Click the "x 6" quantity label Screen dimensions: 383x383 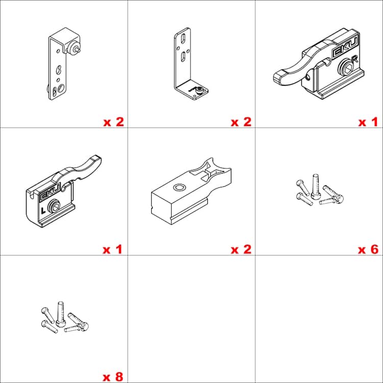pyautogui.click(x=368, y=249)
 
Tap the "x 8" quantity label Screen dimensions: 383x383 pyautogui.click(x=113, y=377)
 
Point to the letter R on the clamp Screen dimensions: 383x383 pyautogui.click(x=354, y=59)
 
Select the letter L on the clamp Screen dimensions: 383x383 pyautogui.click(x=43, y=210)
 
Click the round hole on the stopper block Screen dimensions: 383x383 pyautogui.click(x=180, y=187)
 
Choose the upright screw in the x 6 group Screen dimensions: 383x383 pyautogui.click(x=315, y=186)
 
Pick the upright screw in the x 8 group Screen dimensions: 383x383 pyautogui.click(x=60, y=314)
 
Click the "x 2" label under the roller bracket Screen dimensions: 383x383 pyautogui.click(x=114, y=122)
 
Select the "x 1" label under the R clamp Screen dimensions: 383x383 pyautogui.click(x=368, y=122)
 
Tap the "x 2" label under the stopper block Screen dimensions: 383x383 pyautogui.click(x=241, y=249)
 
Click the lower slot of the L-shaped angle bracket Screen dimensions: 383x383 pyautogui.click(x=183, y=57)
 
